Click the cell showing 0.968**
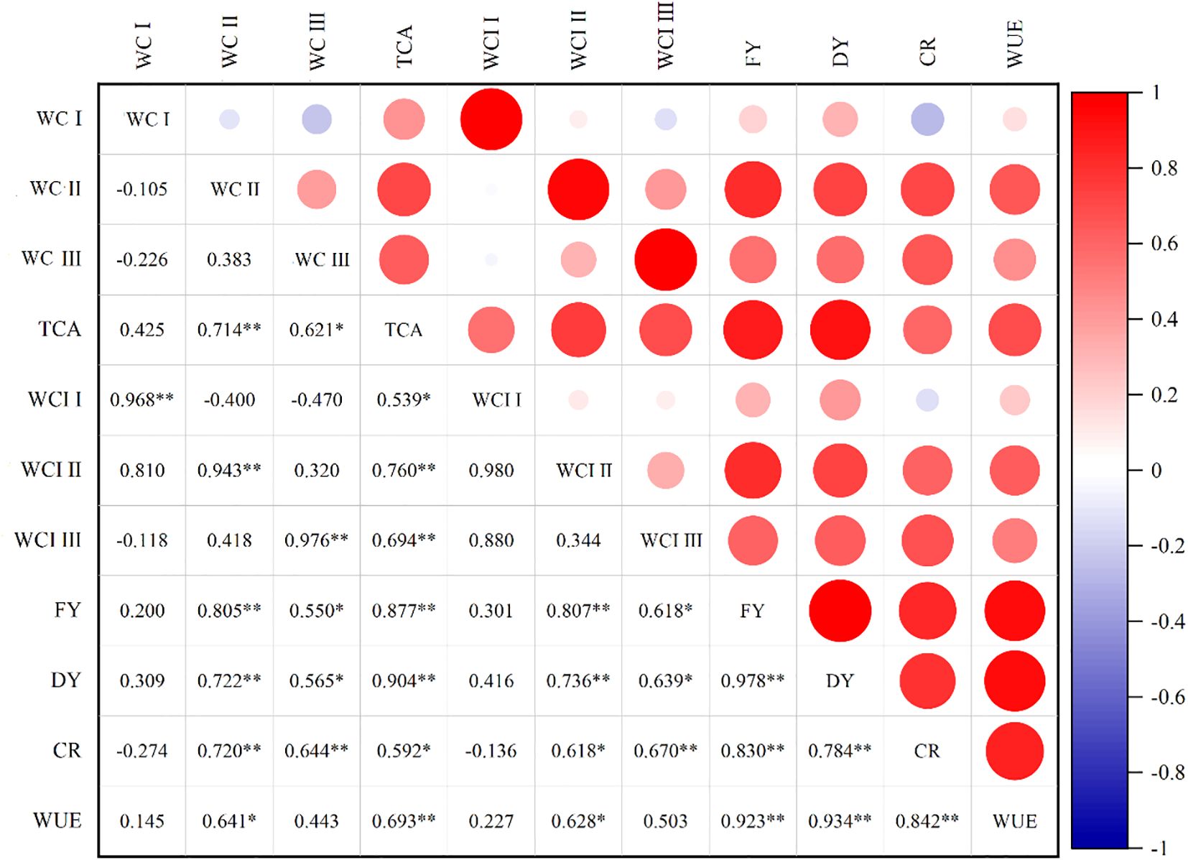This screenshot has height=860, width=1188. coord(141,399)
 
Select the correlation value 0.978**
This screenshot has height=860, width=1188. coord(752,680)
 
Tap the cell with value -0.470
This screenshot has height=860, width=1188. coord(316,399)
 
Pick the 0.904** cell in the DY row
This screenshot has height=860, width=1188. coord(403,680)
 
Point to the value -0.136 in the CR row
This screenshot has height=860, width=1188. coord(491,751)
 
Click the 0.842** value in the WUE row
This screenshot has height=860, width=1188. coord(927,820)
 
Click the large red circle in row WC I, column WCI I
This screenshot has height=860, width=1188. coord(491,119)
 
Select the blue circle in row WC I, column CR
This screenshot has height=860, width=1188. coord(927,119)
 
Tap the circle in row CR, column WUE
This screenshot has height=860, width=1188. coord(1014,751)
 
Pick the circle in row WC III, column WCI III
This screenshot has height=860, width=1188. coord(665,259)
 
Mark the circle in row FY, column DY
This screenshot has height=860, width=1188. coord(840,611)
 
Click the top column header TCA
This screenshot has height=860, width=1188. coord(404,47)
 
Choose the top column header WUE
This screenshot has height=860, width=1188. coord(1014,45)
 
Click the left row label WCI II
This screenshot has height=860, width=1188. coord(51,470)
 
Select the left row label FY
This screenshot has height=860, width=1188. coord(68,610)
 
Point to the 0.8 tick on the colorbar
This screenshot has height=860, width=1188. coord(1164,169)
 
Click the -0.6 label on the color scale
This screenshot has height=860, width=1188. coord(1166,697)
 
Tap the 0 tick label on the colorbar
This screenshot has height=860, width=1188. coord(1156,471)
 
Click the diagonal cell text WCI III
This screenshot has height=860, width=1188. coord(671,540)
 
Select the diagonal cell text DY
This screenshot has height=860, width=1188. coord(840,680)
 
